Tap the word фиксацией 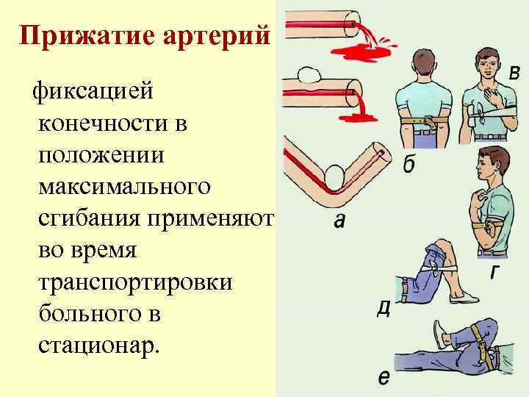point(91,93)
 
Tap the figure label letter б point(409,165)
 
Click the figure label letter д point(383,308)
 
